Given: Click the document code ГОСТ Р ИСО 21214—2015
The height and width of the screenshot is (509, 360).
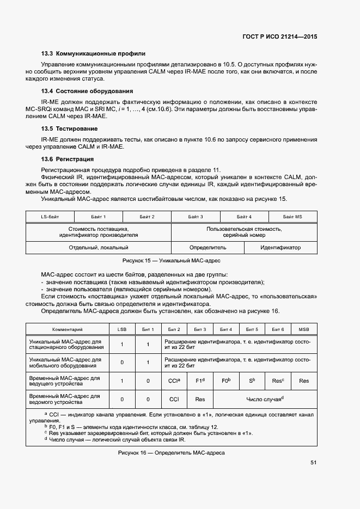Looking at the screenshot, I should tap(280, 36).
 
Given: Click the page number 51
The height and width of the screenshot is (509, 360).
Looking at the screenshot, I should tap(314, 463).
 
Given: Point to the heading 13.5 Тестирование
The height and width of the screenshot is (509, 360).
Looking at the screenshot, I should tap(69, 128).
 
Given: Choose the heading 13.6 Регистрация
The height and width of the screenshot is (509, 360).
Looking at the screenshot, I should tap(68, 159).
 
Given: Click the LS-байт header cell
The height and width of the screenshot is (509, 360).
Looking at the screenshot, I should tap(50, 217).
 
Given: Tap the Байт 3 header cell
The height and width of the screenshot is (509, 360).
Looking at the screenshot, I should tap(196, 217).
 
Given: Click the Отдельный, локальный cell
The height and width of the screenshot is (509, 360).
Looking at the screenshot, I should tap(99, 247).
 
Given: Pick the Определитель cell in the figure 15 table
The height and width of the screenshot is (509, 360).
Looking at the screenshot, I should tap(208, 247).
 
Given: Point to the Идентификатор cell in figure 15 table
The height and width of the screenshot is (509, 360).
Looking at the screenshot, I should tap(280, 247).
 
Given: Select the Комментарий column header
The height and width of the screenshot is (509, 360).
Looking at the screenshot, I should tap(67, 329).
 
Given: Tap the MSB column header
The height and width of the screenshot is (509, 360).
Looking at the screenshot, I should tap(304, 329).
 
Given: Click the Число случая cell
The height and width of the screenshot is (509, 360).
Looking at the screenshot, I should tap(265, 399).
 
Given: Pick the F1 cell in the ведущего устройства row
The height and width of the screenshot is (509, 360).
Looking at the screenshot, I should tap(200, 381).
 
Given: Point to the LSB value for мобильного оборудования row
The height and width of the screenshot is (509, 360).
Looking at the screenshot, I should tap(121, 362).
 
